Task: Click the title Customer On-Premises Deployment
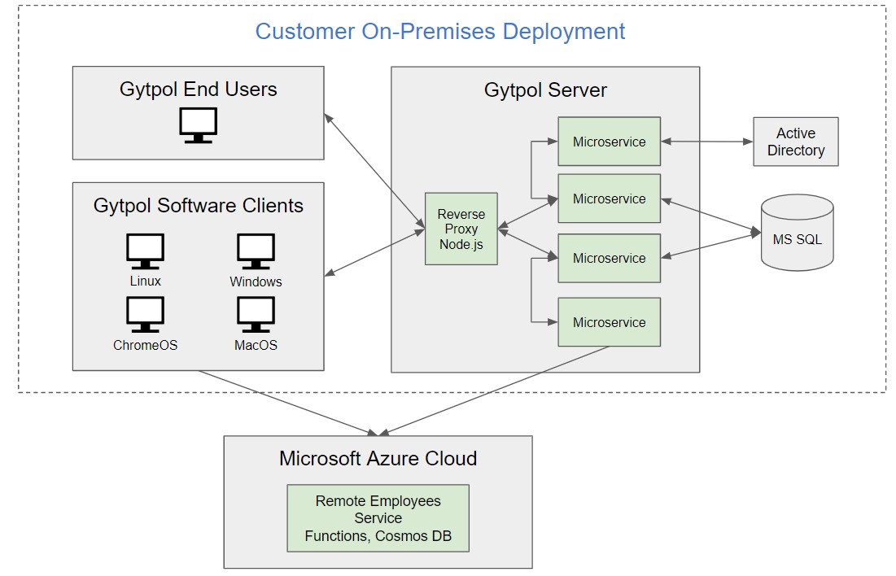coord(440,32)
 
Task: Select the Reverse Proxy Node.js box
coord(461,229)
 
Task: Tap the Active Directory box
coord(795,142)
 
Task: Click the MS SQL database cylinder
coord(797,233)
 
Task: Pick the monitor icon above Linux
coord(146,251)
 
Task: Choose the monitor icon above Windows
coord(256,251)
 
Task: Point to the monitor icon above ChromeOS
coord(146,314)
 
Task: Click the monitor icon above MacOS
coord(256,314)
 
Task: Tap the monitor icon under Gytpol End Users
coord(198,125)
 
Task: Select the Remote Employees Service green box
coord(378,518)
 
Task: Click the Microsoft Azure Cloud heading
coord(378,458)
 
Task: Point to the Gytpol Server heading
coord(545,89)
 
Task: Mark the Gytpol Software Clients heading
coord(198,206)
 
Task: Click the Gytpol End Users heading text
coord(198,89)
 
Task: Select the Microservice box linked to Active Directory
coord(609,142)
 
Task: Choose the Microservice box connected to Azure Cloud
coord(609,322)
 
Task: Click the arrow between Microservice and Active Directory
coord(706,142)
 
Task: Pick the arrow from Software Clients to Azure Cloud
coord(285,402)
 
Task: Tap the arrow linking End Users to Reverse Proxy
coord(374,170)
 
